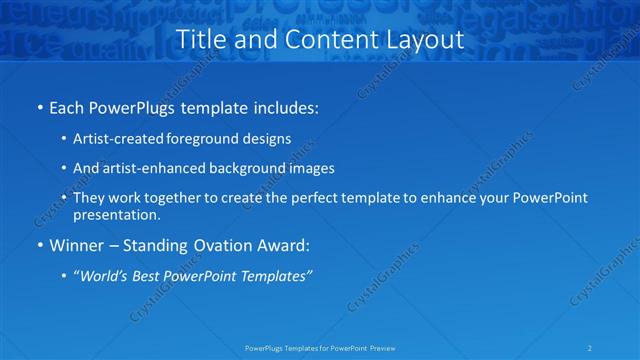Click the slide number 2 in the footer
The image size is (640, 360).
click(590, 347)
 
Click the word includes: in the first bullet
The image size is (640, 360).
click(283, 106)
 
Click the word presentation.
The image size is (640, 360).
click(116, 214)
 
